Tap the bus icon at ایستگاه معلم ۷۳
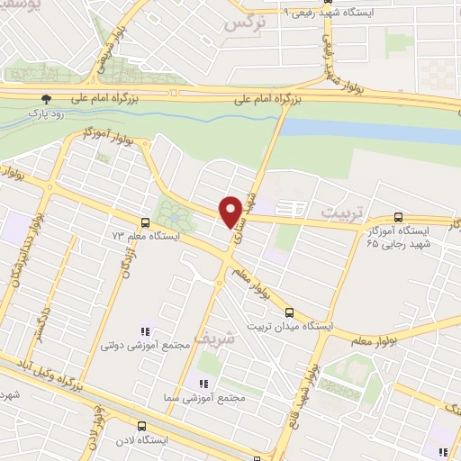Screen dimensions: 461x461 pyautogui.click(x=146, y=221)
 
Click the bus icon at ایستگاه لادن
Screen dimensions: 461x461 pyautogui.click(x=140, y=426)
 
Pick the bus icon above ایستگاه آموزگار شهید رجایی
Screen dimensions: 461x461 pyautogui.click(x=399, y=217)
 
